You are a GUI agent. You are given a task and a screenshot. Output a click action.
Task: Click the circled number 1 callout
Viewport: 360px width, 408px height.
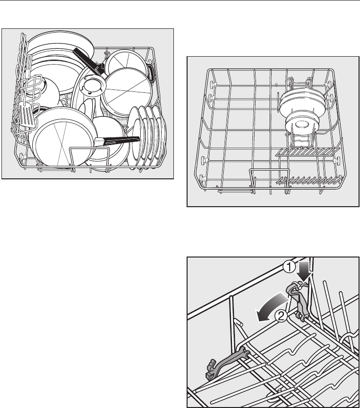pyautogui.click(x=289, y=267)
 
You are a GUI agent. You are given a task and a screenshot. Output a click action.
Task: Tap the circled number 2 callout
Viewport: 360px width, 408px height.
pyautogui.click(x=281, y=316)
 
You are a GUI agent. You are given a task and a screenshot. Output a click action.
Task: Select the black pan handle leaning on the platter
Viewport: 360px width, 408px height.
pyautogui.click(x=86, y=60)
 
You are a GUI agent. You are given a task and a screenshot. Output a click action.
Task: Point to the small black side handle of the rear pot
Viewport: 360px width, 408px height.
pyautogui.click(x=150, y=72)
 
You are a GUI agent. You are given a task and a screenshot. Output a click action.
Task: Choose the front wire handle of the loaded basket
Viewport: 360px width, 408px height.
pyautogui.click(x=89, y=156)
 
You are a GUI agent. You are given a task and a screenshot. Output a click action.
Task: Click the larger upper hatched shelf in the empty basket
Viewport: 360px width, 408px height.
pyautogui.click(x=308, y=152)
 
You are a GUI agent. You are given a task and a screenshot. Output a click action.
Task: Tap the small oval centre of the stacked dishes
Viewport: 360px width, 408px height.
pyautogui.click(x=302, y=125)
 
